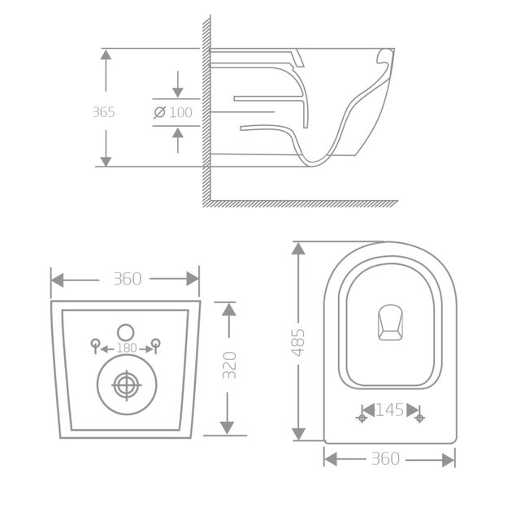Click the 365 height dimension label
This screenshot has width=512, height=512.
point(103,112)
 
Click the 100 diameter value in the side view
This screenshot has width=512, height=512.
point(180,112)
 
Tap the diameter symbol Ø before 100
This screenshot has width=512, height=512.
point(160,112)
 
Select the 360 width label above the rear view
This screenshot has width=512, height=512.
point(127,279)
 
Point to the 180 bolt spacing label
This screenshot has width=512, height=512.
point(125,348)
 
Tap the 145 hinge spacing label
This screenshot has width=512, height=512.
point(390,411)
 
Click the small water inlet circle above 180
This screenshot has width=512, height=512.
point(125,332)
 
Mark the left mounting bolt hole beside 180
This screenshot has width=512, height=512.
point(94,344)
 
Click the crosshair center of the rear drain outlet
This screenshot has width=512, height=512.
point(125,386)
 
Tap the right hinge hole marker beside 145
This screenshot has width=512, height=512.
point(419,418)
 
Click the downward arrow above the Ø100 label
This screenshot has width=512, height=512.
point(178,88)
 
